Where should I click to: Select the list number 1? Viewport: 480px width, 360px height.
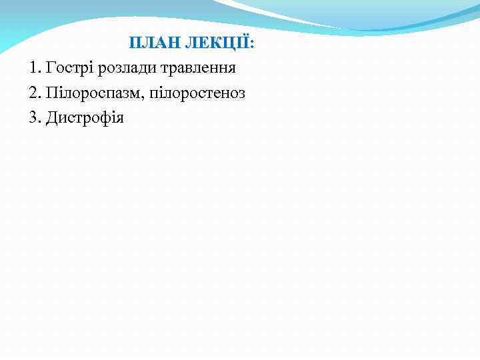(35, 68)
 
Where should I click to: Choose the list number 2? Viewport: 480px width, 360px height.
(35, 93)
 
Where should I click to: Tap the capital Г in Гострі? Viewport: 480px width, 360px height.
(50, 68)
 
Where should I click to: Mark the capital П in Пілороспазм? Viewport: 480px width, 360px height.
(51, 93)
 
